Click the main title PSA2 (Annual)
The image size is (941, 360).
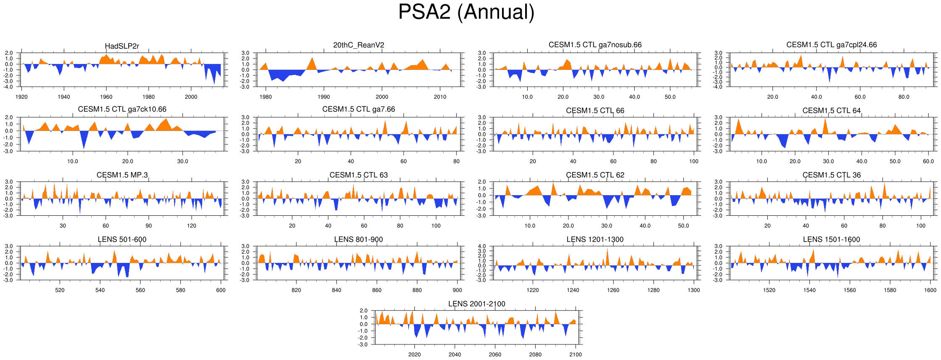point(466,12)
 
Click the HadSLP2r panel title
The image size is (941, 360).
point(122,46)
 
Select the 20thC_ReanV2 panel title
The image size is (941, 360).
point(359,45)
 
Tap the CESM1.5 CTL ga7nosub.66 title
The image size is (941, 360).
point(595,45)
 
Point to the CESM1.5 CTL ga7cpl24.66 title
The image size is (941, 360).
point(831,45)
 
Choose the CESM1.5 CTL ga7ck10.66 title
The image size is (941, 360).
point(122,109)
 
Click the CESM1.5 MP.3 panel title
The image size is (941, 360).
point(122,175)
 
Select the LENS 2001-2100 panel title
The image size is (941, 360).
point(476,304)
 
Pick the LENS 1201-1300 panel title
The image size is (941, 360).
point(595,239)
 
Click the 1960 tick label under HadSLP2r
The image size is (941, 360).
point(106,97)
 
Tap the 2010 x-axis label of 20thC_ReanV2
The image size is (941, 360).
point(440,97)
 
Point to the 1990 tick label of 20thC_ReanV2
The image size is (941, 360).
point(324,97)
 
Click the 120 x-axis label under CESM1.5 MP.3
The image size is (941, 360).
point(191,226)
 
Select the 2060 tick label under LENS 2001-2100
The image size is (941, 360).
point(495,355)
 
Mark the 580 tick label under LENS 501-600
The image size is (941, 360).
point(180,290)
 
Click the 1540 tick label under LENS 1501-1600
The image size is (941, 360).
point(809,290)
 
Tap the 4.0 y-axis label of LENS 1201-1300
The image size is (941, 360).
point(482,246)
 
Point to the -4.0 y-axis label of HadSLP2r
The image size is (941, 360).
point(9,87)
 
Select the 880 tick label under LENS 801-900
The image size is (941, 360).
point(417,290)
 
